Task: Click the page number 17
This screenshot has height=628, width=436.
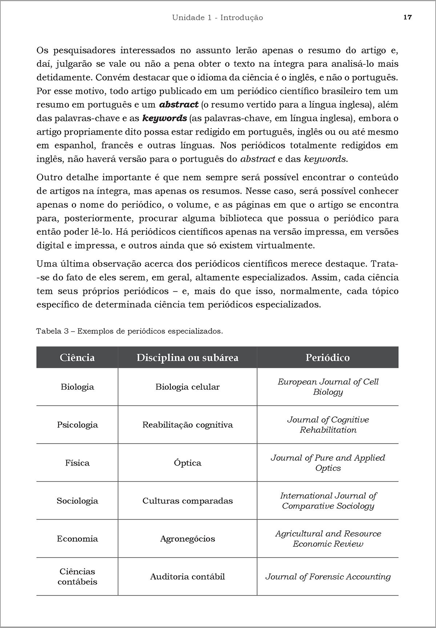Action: coord(408,17)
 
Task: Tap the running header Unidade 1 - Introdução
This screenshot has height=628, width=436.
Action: coord(217,17)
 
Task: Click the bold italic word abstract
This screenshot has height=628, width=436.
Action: coord(179,105)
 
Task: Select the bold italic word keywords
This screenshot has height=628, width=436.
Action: coord(165,118)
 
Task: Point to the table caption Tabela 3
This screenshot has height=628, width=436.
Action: coord(129,331)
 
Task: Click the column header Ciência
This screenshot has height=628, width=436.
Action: coord(77,358)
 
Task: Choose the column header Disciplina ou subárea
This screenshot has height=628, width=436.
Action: coord(187,358)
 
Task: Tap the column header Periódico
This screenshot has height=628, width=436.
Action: coord(328,358)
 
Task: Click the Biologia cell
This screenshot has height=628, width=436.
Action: coord(77,387)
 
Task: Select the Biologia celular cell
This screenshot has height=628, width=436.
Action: coord(187,387)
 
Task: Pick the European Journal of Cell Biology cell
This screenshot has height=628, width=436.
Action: coord(328,387)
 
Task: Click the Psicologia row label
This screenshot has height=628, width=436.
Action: coord(77,425)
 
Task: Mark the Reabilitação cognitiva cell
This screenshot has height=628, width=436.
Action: coord(187,425)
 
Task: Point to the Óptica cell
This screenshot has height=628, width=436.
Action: coord(187,463)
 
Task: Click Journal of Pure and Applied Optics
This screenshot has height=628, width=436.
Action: coord(328,463)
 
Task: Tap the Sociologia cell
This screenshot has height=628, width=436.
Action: coord(77,501)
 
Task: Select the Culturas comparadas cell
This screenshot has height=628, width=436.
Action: coord(187,501)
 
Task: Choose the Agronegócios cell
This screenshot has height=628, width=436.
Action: coord(187,539)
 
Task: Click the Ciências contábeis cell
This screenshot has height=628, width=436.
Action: coord(77,577)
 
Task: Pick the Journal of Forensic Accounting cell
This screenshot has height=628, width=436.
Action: coord(328,577)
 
